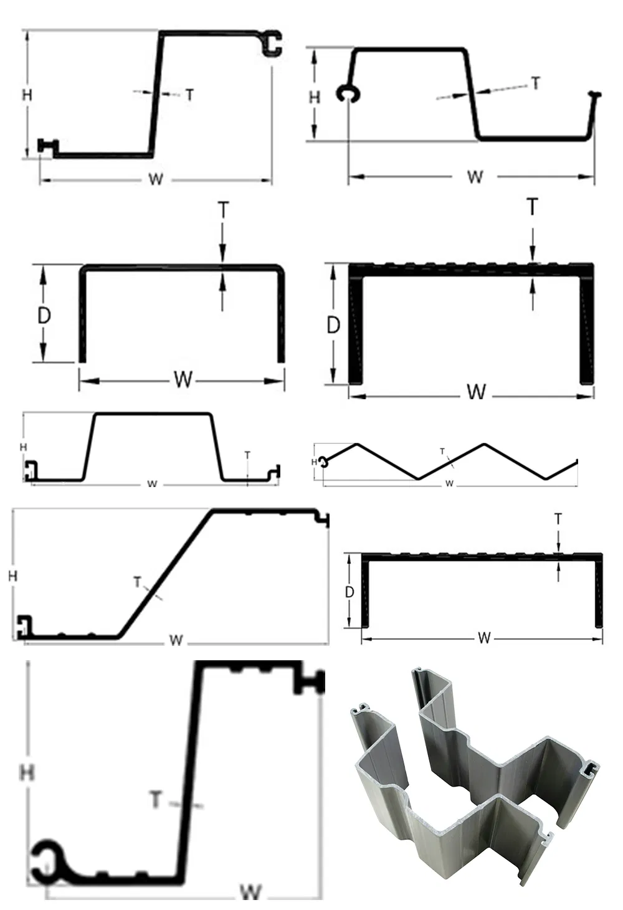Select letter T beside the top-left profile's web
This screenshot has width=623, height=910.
[189, 95]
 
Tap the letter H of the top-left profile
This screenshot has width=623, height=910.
[27, 95]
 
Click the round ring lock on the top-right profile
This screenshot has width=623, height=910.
[348, 93]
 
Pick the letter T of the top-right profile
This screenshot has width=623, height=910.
[536, 83]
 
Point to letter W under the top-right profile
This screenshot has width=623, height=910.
[475, 177]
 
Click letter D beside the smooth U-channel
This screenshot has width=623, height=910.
[44, 316]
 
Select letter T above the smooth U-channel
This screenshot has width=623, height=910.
[223, 210]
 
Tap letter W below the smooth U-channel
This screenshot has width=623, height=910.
[183, 381]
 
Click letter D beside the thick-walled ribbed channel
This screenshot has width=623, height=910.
[333, 325]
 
